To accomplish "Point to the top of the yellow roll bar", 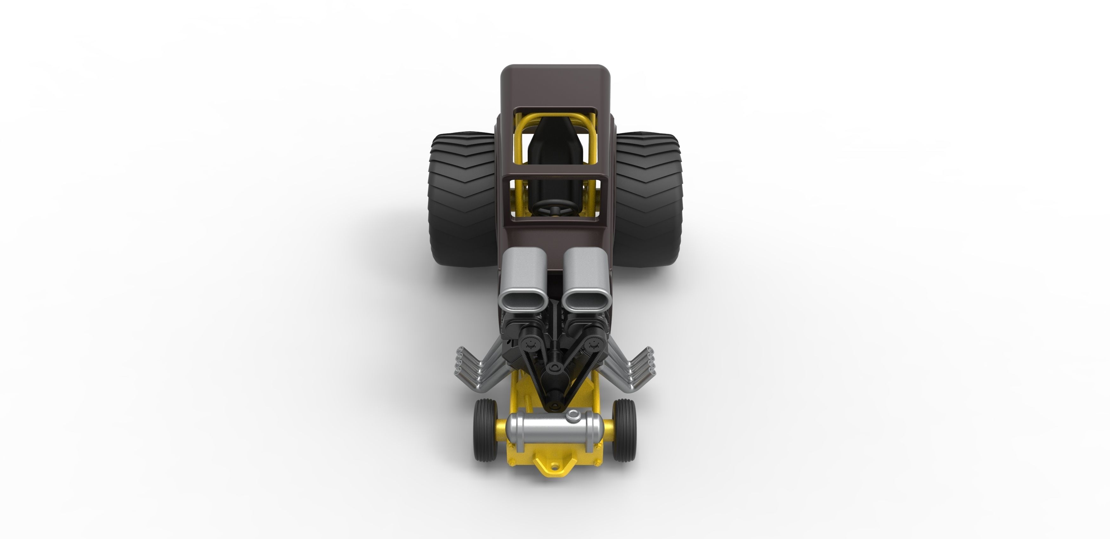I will (x=555, y=117).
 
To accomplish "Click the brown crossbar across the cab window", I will (x=555, y=175).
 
